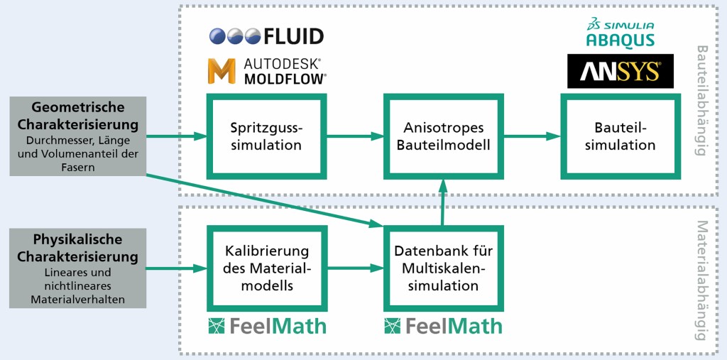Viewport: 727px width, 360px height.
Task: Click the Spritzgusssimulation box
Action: click(x=266, y=136)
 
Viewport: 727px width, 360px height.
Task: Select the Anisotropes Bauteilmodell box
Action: click(x=443, y=136)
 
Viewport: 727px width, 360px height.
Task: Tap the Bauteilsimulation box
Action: click(x=620, y=136)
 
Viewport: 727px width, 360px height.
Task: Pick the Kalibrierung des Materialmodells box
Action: click(x=266, y=268)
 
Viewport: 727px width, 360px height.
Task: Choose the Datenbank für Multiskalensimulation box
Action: click(x=443, y=268)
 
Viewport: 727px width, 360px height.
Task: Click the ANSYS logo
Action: click(x=620, y=71)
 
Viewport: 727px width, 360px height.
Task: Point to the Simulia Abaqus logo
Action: click(x=620, y=33)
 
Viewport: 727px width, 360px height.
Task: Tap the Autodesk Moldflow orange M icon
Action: click(x=221, y=71)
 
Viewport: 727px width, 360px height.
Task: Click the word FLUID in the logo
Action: click(x=293, y=36)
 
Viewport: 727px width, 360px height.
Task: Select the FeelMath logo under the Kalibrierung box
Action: click(x=267, y=326)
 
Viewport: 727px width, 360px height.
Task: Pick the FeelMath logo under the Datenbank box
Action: click(x=443, y=326)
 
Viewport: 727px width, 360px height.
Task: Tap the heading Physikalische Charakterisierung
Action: click(x=78, y=249)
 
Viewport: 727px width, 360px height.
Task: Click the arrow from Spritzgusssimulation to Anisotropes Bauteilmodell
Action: click(x=355, y=136)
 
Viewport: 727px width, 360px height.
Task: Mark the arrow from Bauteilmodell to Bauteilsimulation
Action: click(x=532, y=136)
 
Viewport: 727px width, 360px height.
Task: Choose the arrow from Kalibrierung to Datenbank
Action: click(x=355, y=268)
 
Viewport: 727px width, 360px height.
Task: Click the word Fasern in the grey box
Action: click(x=78, y=168)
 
